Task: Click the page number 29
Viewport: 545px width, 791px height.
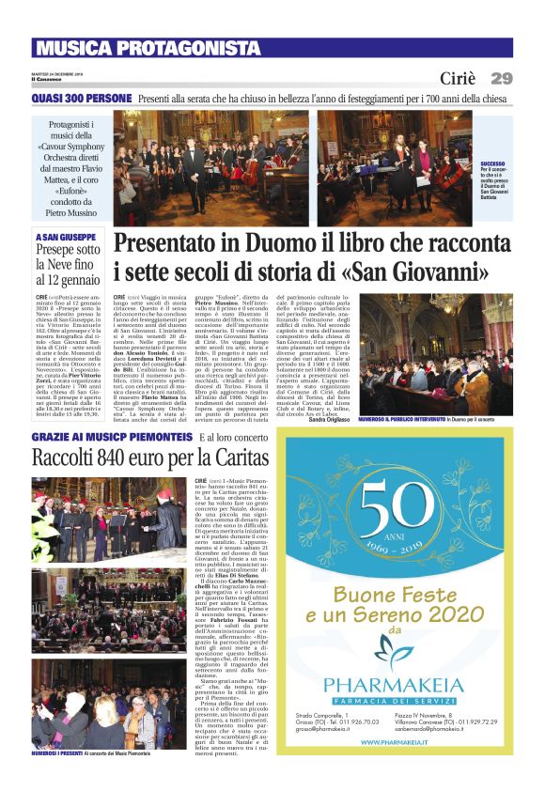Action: (501, 78)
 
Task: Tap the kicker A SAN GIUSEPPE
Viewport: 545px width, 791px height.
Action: (65, 237)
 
